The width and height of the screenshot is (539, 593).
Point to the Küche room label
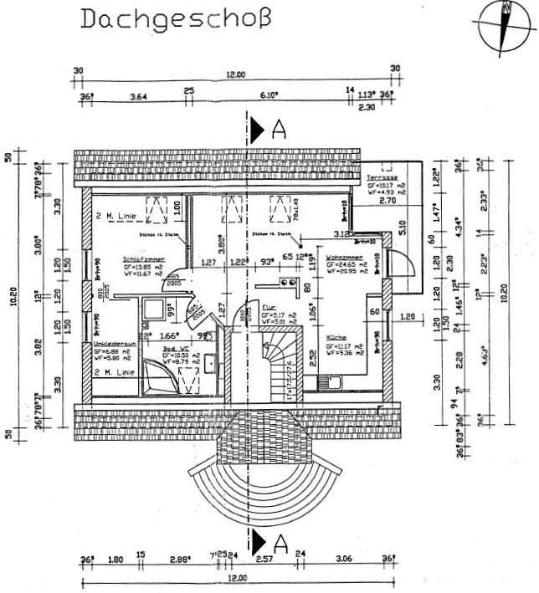click(336, 339)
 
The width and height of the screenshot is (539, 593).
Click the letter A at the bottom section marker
click(280, 544)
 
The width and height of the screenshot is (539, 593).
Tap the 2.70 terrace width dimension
click(387, 202)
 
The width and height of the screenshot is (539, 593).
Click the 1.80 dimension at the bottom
click(116, 558)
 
